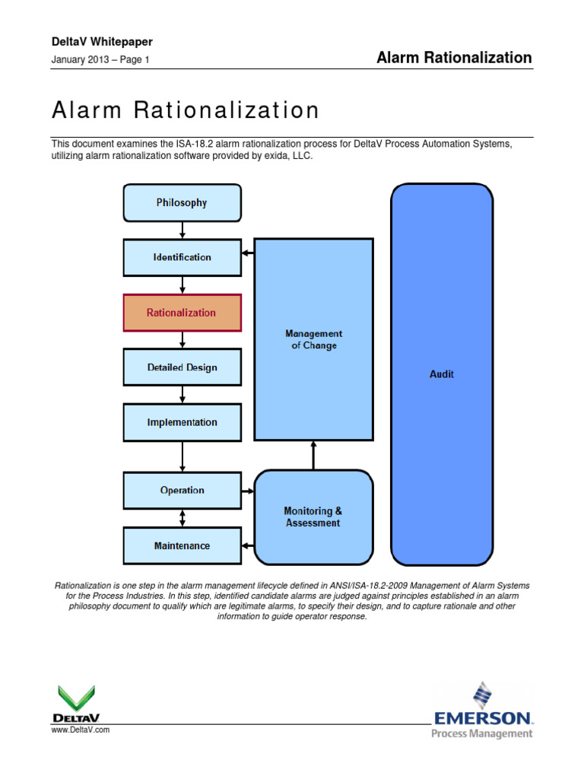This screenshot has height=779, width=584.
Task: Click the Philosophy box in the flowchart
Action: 182,202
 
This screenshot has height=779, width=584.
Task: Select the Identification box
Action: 182,257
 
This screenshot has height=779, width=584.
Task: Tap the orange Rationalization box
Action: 182,313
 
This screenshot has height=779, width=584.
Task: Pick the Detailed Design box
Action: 182,367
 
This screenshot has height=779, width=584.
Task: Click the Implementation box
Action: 182,422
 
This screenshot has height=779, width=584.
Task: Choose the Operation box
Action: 182,491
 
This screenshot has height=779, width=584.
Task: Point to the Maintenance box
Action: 182,545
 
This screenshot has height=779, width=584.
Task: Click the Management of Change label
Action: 313,339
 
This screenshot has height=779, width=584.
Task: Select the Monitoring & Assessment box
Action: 313,517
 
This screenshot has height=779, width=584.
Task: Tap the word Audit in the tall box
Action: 442,374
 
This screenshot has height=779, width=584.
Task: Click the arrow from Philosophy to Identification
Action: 182,230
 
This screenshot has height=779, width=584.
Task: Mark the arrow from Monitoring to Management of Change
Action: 313,455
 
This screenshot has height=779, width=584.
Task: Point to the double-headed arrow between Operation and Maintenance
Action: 182,518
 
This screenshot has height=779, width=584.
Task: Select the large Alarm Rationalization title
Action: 186,110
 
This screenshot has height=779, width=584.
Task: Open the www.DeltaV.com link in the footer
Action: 81,730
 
